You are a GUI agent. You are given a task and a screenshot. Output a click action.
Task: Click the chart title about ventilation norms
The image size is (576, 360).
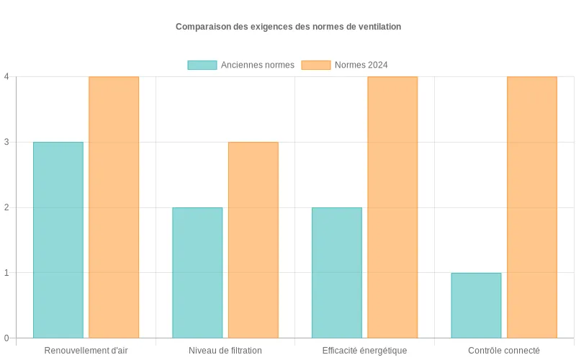288,27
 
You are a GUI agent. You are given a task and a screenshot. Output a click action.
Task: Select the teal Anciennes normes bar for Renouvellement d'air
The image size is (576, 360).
58,240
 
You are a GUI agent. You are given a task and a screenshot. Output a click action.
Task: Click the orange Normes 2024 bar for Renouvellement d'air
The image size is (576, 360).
114,207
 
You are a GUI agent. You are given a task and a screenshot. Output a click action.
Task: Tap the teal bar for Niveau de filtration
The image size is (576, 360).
197,273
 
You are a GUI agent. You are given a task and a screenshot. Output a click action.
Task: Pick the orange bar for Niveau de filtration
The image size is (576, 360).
253,240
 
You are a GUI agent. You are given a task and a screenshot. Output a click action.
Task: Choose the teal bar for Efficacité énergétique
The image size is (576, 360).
337,273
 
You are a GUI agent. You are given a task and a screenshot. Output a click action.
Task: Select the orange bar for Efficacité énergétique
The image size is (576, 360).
392,207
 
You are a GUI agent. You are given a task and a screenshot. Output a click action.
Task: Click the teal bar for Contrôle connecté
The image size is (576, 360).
476,305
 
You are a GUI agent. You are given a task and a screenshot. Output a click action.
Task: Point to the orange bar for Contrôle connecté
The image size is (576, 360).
532,207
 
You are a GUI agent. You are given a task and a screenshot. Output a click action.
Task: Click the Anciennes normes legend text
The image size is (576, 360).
257,65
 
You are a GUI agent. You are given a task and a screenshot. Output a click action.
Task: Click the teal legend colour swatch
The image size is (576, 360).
202,65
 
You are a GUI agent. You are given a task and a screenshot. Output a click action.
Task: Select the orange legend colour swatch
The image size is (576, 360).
315,65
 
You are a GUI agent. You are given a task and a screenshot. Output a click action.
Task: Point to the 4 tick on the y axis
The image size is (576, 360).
6,76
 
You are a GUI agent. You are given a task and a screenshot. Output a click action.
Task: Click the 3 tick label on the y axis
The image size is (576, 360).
6,142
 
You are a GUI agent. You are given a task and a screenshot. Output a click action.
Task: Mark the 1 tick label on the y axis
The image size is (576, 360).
6,273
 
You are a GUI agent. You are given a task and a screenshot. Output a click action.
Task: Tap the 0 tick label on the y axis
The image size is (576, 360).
6,338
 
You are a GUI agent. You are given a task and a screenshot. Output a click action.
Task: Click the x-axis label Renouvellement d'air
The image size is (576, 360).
86,351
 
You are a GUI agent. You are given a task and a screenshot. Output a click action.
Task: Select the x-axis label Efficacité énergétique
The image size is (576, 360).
364,351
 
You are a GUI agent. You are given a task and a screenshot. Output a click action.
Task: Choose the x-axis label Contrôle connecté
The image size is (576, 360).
504,351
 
